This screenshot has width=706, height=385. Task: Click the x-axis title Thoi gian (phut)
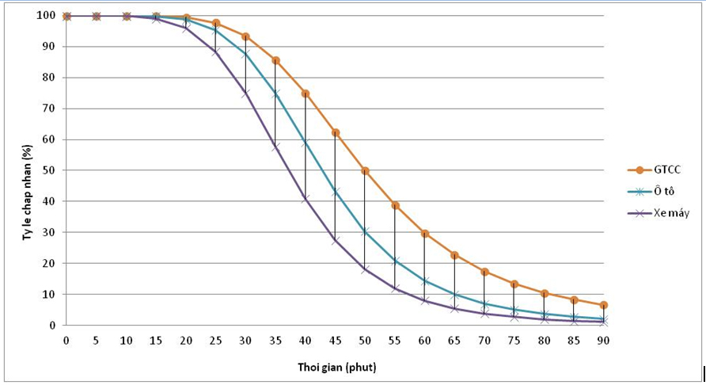335,368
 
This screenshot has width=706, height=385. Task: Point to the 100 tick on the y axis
47,16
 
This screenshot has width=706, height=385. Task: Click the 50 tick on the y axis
50,170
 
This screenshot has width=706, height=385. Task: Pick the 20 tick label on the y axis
50,263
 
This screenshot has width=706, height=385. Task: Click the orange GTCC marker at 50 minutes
365,170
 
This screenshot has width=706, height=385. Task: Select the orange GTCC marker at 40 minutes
306,93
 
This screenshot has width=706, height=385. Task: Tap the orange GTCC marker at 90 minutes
603,305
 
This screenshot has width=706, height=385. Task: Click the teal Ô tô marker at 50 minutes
365,231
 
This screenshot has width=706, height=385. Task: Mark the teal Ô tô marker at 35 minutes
275,93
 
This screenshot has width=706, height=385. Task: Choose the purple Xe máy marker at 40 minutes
306,198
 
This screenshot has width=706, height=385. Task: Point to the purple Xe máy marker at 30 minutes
245,93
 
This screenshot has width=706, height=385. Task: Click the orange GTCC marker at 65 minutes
454,255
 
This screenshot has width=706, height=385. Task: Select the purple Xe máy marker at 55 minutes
395,288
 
